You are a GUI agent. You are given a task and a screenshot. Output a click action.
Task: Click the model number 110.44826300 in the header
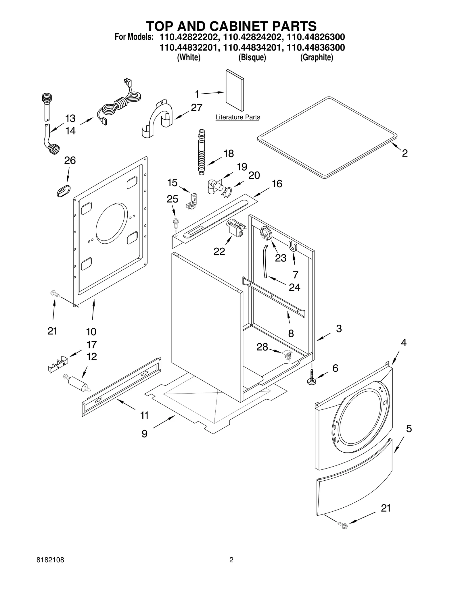tap(316, 37)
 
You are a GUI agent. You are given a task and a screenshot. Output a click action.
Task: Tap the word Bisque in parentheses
tap(252, 57)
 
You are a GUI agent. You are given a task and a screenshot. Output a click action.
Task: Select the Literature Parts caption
tap(237, 117)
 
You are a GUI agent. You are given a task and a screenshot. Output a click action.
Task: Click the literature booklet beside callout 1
tap(235, 90)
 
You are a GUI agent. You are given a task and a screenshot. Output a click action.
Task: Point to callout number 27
tap(196, 108)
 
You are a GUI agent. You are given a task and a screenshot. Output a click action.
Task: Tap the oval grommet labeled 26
tap(64, 191)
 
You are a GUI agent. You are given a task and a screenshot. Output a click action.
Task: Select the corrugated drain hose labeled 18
tap(202, 152)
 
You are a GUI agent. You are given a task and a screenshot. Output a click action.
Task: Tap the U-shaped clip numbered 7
tap(293, 247)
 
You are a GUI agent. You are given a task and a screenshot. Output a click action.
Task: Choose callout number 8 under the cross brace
tap(291, 333)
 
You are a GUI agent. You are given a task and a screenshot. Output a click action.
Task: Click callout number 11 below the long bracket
tap(144, 415)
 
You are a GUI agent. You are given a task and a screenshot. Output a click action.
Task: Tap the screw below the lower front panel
tap(343, 526)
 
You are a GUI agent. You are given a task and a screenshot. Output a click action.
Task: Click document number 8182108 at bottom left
tap(50, 560)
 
